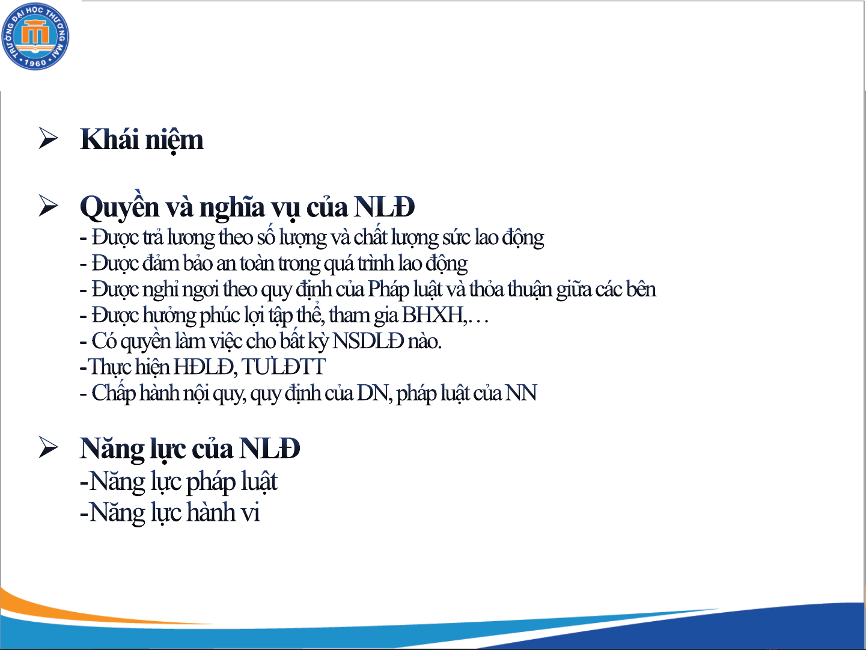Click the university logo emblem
(x=35, y=36)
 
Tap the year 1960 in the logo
(x=35, y=63)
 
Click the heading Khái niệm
(x=142, y=140)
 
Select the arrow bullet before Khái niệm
(x=49, y=138)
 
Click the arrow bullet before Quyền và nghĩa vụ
(x=49, y=206)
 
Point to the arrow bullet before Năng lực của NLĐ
(x=49, y=447)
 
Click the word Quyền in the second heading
(x=120, y=207)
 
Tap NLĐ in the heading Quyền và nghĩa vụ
(x=384, y=207)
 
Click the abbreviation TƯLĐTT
(x=284, y=367)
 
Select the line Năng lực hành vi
(x=170, y=512)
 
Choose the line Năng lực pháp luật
(x=178, y=482)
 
